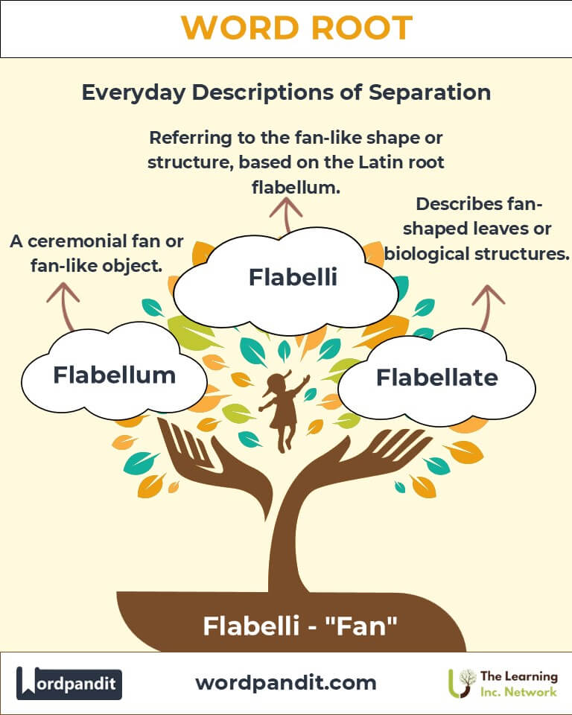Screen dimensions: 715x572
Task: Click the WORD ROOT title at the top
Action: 296,28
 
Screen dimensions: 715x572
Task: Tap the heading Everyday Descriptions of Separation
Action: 286,92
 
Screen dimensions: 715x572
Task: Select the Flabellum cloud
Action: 114,375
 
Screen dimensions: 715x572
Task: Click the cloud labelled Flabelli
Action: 293,277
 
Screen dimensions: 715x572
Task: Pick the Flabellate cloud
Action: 436,378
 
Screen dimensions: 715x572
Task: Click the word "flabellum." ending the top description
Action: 296,188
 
